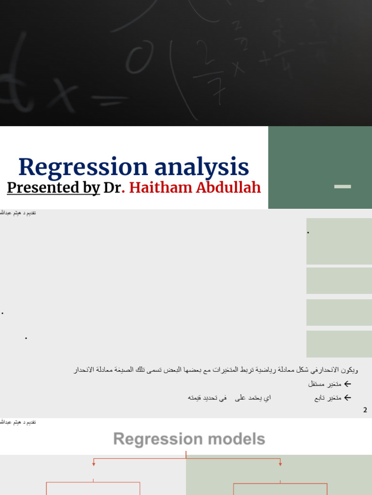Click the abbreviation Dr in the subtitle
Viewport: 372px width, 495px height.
[112, 188]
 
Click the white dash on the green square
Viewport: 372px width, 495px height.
[342, 187]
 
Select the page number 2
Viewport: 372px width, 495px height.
[365, 410]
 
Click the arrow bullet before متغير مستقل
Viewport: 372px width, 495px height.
[347, 384]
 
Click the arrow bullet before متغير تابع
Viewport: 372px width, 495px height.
[347, 398]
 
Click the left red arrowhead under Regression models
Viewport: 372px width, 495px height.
[93, 464]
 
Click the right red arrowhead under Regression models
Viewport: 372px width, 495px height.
[280, 464]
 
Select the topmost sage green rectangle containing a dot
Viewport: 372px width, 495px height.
[339, 241]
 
